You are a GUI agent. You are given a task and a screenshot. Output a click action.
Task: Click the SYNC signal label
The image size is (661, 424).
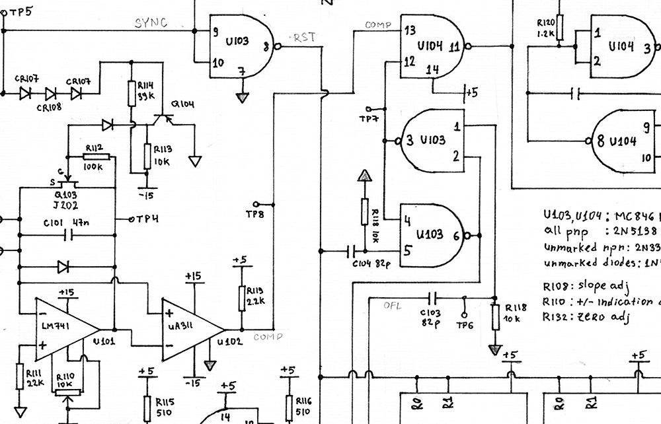[x=151, y=23]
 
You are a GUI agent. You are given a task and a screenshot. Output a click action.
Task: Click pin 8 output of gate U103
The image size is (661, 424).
[x=273, y=46]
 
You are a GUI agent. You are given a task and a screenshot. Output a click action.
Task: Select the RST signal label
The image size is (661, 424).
[x=304, y=38]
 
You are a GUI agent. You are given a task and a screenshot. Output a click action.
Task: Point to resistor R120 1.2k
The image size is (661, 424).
[x=560, y=28]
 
